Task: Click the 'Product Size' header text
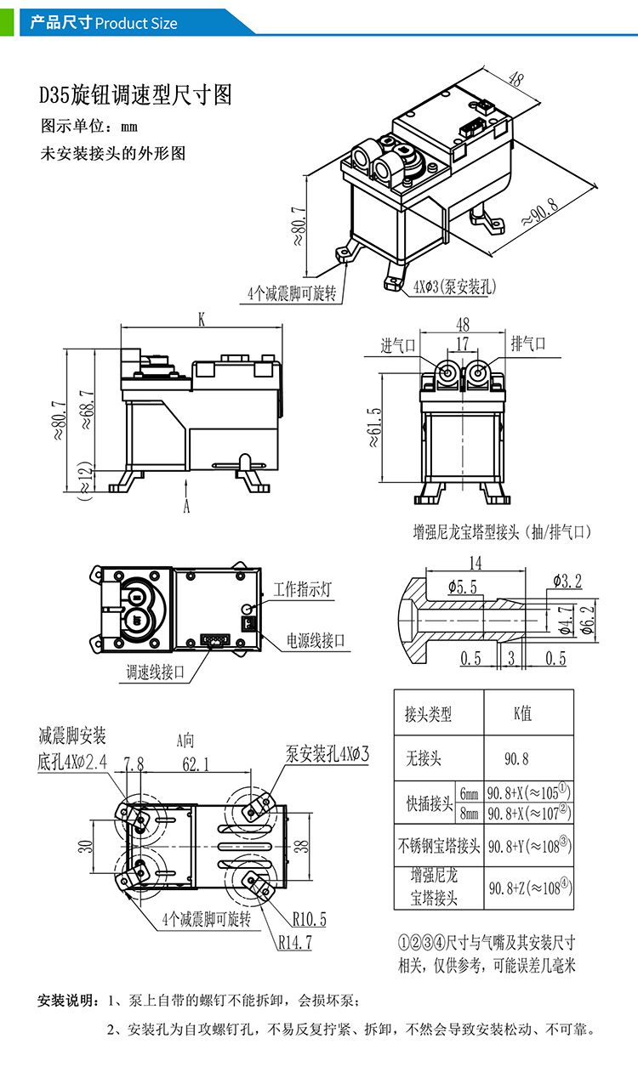[x=136, y=23]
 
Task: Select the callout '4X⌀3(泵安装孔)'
[x=454, y=286]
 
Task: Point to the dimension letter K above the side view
[x=202, y=320]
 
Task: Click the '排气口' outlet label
[x=527, y=344]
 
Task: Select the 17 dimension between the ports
[x=461, y=343]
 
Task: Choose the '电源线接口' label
[x=316, y=640]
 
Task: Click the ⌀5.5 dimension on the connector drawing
[x=462, y=587]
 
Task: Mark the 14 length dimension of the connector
[x=475, y=563]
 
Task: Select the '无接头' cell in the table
[x=423, y=757]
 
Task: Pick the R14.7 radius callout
[x=295, y=942]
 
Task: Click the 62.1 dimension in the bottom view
[x=196, y=764]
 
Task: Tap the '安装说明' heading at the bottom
[x=66, y=998]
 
